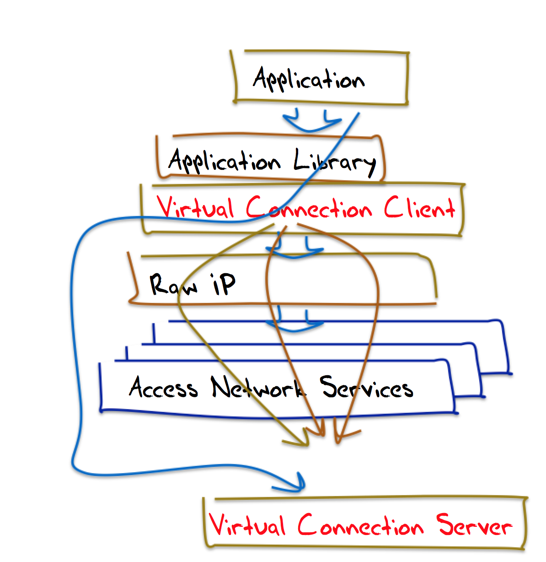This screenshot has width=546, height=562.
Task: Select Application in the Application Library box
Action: (x=224, y=161)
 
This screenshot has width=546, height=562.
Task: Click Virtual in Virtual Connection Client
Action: (x=196, y=209)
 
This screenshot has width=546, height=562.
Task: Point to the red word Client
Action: (x=419, y=209)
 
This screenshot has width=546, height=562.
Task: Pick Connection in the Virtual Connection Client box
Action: (x=309, y=210)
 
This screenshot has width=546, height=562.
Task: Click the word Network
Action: (x=257, y=389)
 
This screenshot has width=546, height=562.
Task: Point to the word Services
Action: (x=366, y=389)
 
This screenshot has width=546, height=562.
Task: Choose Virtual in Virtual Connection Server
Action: (x=247, y=525)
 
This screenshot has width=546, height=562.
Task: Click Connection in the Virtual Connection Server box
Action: (x=360, y=526)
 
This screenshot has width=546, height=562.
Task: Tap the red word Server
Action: (x=474, y=526)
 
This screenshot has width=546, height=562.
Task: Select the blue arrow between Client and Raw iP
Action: (x=294, y=251)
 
